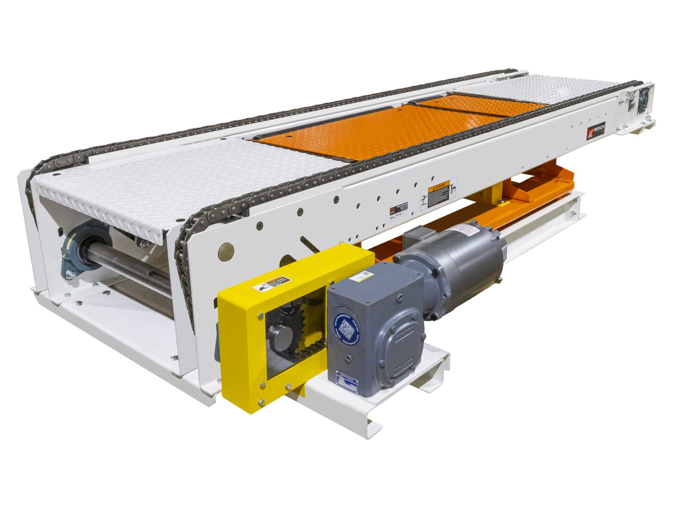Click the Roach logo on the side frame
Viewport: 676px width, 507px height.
(x=596, y=129)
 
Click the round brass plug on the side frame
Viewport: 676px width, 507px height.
(x=225, y=251)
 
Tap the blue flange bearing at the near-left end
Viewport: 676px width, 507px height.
(x=81, y=251)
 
